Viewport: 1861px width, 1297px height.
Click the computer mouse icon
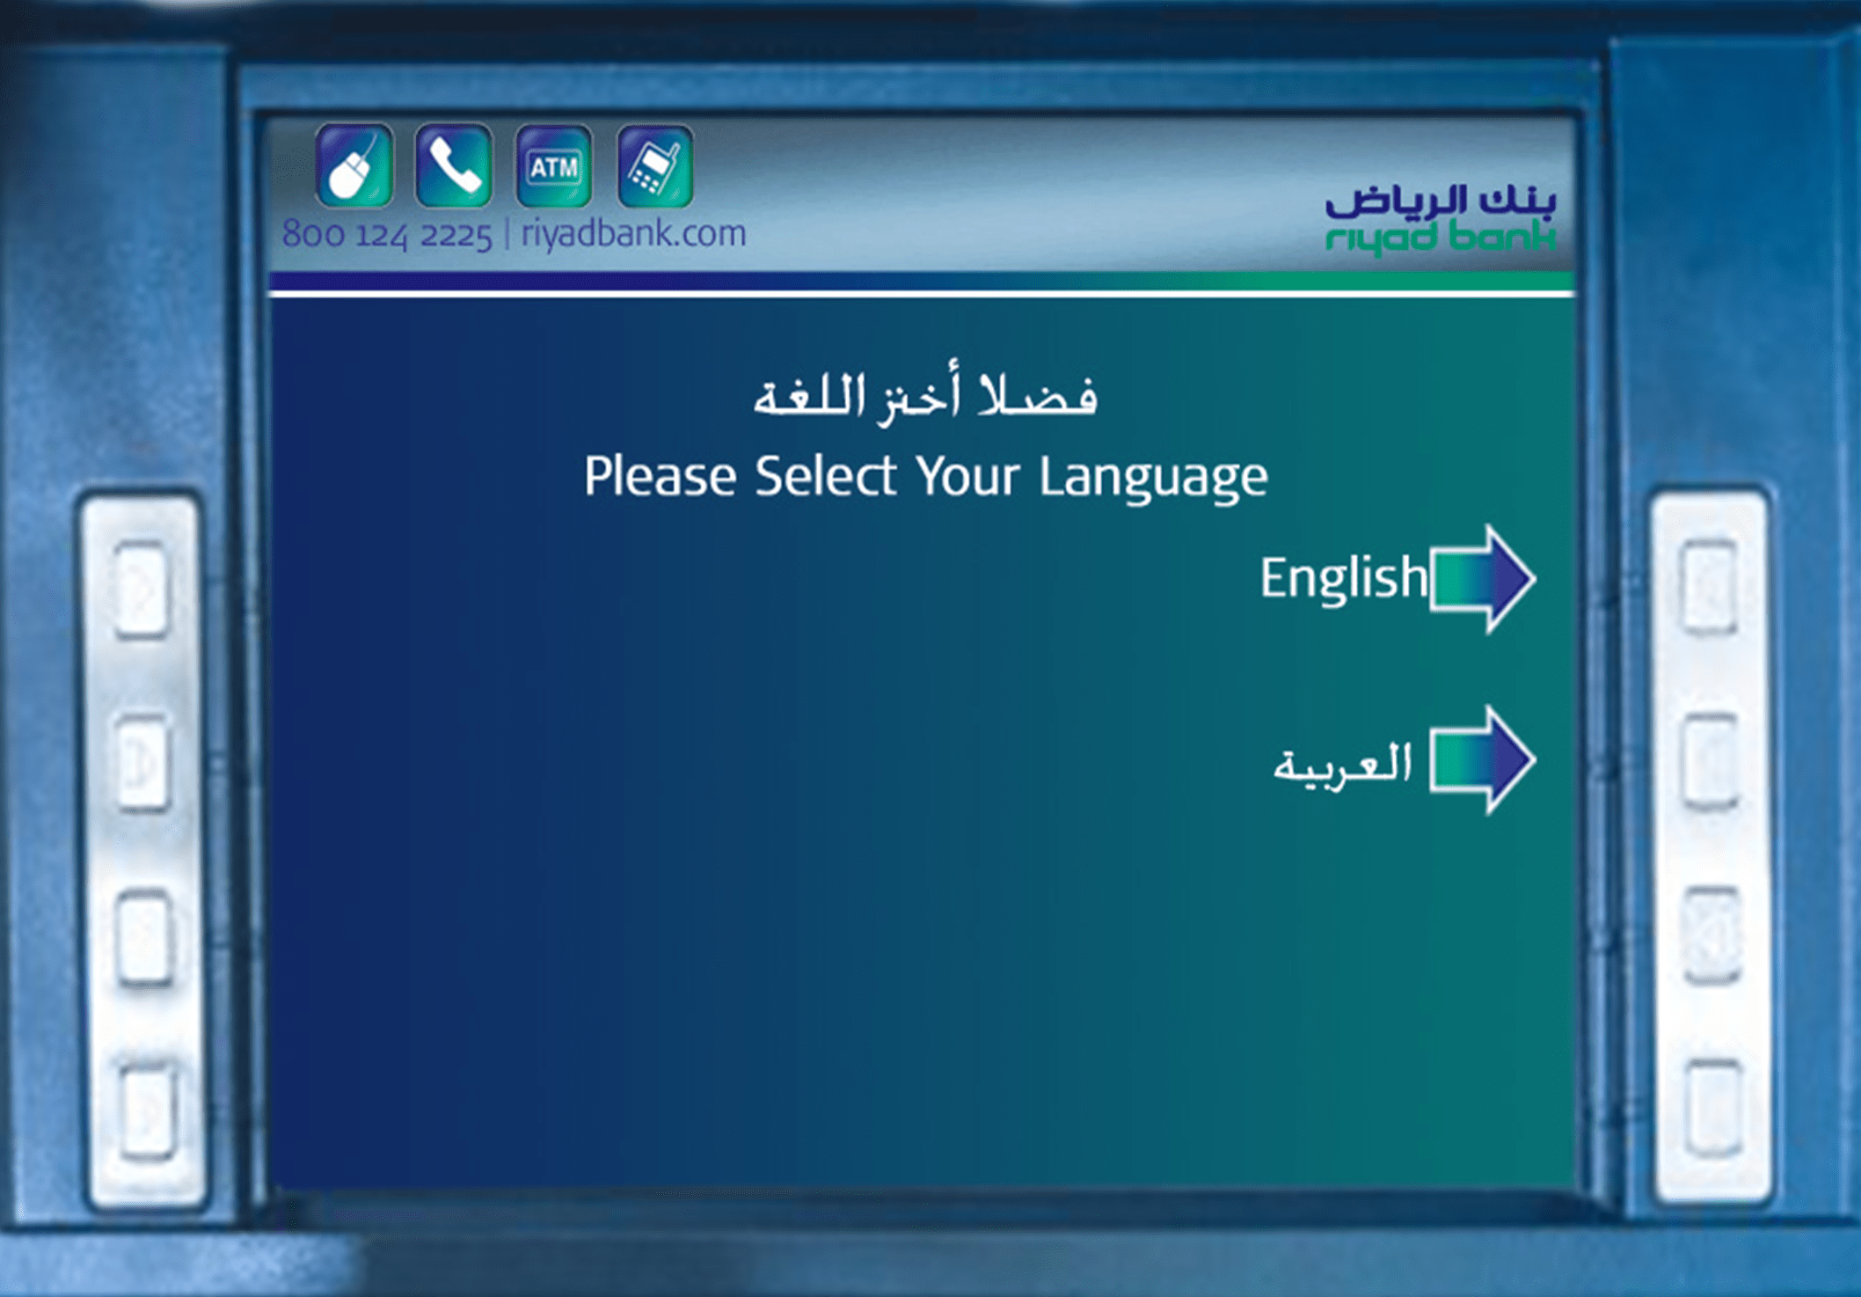[x=354, y=165]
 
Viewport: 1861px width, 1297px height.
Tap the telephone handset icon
[x=454, y=165]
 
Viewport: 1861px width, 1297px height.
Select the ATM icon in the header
[x=554, y=165]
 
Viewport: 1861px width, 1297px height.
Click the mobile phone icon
[x=655, y=165]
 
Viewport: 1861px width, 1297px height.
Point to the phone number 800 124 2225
[x=387, y=235]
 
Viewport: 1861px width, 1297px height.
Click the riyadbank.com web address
[x=633, y=234]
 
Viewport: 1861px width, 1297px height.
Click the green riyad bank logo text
[x=1441, y=238]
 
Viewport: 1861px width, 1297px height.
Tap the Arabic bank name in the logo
[x=1441, y=201]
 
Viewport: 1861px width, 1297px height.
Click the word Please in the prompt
[x=660, y=477]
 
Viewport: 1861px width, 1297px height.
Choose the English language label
[x=1344, y=579]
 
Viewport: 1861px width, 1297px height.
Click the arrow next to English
[x=1483, y=579]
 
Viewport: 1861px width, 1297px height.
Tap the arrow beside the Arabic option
[x=1483, y=760]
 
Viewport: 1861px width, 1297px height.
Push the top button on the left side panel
[x=142, y=589]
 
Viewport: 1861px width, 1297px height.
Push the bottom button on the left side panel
[x=147, y=1110]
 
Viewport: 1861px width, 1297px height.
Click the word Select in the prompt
[x=826, y=477]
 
